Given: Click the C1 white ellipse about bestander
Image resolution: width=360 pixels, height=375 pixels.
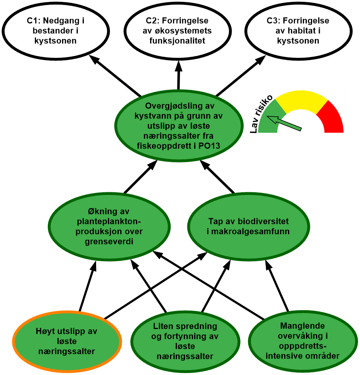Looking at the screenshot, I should tap(56, 31).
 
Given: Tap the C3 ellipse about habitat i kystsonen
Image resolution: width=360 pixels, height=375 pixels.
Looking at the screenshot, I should tap(298, 31).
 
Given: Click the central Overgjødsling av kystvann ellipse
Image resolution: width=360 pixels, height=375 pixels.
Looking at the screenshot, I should tap(179, 126).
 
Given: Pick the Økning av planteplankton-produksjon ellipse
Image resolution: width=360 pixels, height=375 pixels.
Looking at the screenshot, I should tap(110, 227).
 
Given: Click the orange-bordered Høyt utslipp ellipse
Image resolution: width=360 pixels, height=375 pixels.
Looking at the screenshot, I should tap(67, 341).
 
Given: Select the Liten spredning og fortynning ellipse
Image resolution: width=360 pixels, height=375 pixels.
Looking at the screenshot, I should tap(185, 341).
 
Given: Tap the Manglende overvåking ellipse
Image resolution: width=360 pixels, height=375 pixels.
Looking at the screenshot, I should tap(303, 341).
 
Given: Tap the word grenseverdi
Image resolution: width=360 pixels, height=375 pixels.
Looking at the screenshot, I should tap(110, 241).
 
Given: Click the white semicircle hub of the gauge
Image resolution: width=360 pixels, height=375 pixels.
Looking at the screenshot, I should tap(298, 125).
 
